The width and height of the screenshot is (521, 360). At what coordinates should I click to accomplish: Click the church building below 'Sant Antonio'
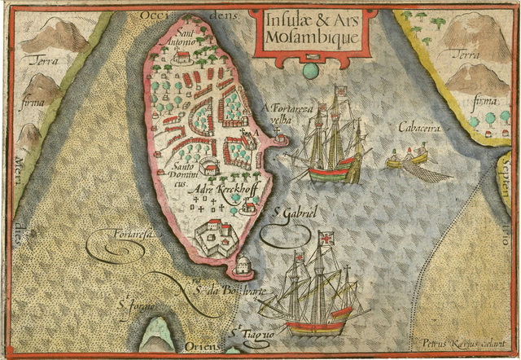tap(183, 56)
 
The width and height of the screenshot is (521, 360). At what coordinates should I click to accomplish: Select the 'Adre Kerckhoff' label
tap(221, 189)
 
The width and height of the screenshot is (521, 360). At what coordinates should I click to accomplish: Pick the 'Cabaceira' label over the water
tap(419, 126)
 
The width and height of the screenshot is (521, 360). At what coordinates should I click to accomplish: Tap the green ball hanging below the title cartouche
tap(310, 72)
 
